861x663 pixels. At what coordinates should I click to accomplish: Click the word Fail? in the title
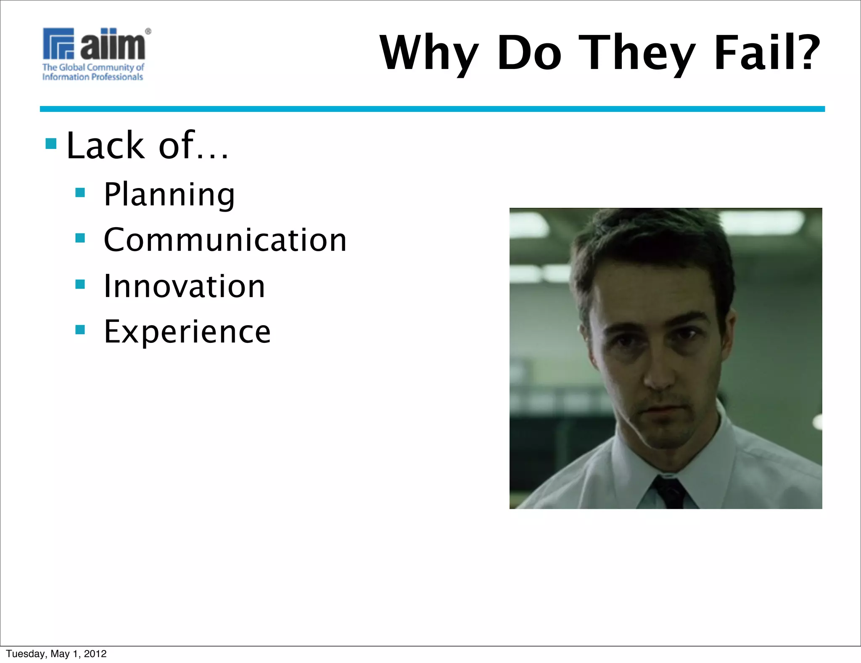pyautogui.click(x=767, y=53)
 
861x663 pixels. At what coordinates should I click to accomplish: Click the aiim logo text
pyautogui.click(x=113, y=44)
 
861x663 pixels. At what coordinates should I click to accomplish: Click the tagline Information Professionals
pyautogui.click(x=92, y=77)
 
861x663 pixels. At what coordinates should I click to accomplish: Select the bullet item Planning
pyautogui.click(x=169, y=194)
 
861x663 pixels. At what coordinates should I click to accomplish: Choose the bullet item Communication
pyautogui.click(x=225, y=240)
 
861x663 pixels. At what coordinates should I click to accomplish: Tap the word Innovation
pyautogui.click(x=184, y=286)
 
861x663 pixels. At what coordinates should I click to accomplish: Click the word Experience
pyautogui.click(x=187, y=331)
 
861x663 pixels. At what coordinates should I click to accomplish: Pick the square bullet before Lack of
pyautogui.click(x=51, y=144)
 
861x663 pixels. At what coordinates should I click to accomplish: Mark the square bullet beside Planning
pyautogui.click(x=80, y=193)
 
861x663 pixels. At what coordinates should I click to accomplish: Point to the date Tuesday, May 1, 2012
pyautogui.click(x=56, y=653)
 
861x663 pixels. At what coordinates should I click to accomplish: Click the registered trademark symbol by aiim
pyautogui.click(x=148, y=31)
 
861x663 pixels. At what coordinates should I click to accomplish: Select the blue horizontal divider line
pyautogui.click(x=432, y=109)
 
